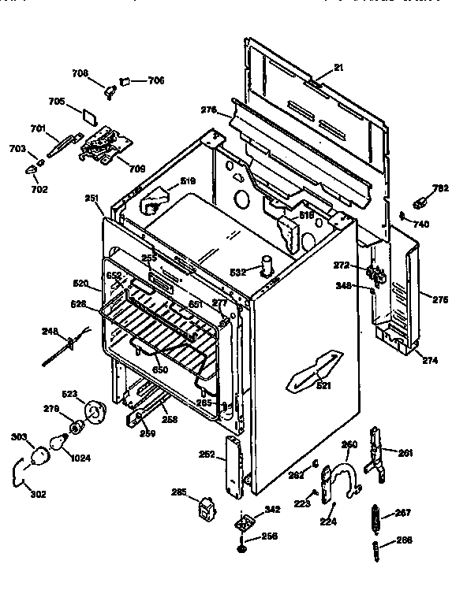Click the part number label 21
click(x=338, y=69)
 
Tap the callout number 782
click(x=441, y=188)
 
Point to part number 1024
click(x=81, y=458)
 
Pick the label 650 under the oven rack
click(x=161, y=369)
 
